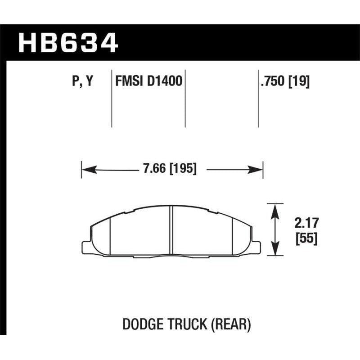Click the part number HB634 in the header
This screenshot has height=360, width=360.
pyautogui.click(x=67, y=44)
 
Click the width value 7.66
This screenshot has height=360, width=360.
pyautogui.click(x=153, y=170)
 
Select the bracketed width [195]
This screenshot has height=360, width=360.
pyautogui.click(x=182, y=170)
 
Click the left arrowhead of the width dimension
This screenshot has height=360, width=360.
pyautogui.click(x=87, y=170)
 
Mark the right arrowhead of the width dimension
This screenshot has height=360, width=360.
pyautogui.click(x=257, y=170)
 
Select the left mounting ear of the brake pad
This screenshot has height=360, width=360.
pyautogui.click(x=86, y=247)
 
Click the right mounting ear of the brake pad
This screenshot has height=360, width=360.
pyautogui.click(x=256, y=247)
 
